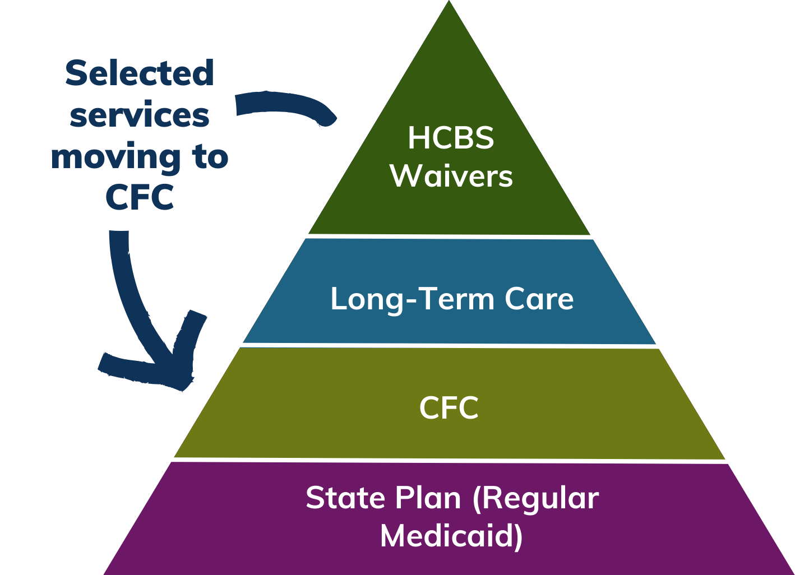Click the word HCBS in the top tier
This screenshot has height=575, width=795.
pyautogui.click(x=451, y=138)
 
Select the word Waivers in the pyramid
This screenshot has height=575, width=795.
pyautogui.click(x=451, y=176)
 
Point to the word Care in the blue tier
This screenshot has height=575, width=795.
pyautogui.click(x=539, y=299)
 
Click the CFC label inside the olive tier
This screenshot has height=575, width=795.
pyautogui.click(x=449, y=408)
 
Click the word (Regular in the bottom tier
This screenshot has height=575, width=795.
pyautogui.click(x=535, y=499)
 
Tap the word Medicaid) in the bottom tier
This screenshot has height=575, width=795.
pyautogui.click(x=451, y=536)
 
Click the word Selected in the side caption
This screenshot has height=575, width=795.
pyautogui.click(x=140, y=73)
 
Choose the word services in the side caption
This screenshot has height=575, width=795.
pyautogui.click(x=140, y=115)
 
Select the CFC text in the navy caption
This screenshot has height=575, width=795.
pyautogui.click(x=140, y=197)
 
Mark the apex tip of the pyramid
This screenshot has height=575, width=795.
pyautogui.click(x=449, y=3)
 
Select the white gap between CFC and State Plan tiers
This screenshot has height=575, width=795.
pyautogui.click(x=449, y=460)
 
